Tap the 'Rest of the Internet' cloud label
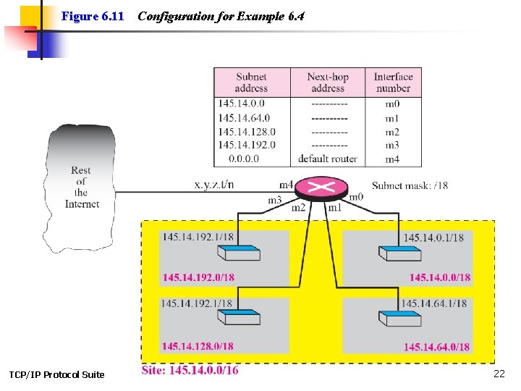[81, 187]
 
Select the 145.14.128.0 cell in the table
[247, 132]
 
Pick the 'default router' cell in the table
[328, 159]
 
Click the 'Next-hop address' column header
[328, 82]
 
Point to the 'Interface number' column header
[393, 82]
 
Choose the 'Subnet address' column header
[251, 82]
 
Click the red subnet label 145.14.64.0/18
[437, 347]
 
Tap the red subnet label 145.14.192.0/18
[198, 277]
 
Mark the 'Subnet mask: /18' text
[410, 185]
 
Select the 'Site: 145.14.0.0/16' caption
[190, 370]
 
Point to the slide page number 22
[499, 374]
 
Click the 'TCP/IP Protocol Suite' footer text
[56, 374]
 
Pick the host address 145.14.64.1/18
[434, 303]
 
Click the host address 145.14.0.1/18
[433, 237]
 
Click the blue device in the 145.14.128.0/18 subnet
[239, 319]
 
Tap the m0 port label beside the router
[356, 197]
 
